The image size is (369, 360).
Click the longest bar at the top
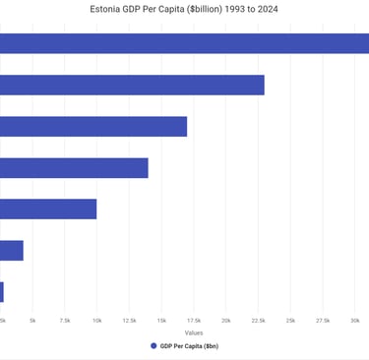[x=184, y=43]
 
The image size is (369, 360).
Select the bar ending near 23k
[x=132, y=85]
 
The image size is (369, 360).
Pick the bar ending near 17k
[x=93, y=126]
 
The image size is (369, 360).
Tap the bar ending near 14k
[x=74, y=167]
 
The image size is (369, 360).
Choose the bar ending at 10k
[x=48, y=209]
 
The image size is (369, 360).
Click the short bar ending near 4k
[x=12, y=250]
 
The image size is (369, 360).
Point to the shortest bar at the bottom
[x=2, y=291]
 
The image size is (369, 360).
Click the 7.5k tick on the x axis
[x=65, y=321]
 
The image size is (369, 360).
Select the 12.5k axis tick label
[x=130, y=321]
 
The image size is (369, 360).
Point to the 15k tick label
[x=161, y=321]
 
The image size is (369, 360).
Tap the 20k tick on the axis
[x=226, y=321]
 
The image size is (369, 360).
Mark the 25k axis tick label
[x=290, y=321]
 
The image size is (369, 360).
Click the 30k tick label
[x=355, y=321]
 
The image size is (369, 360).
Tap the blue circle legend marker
[x=154, y=346]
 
